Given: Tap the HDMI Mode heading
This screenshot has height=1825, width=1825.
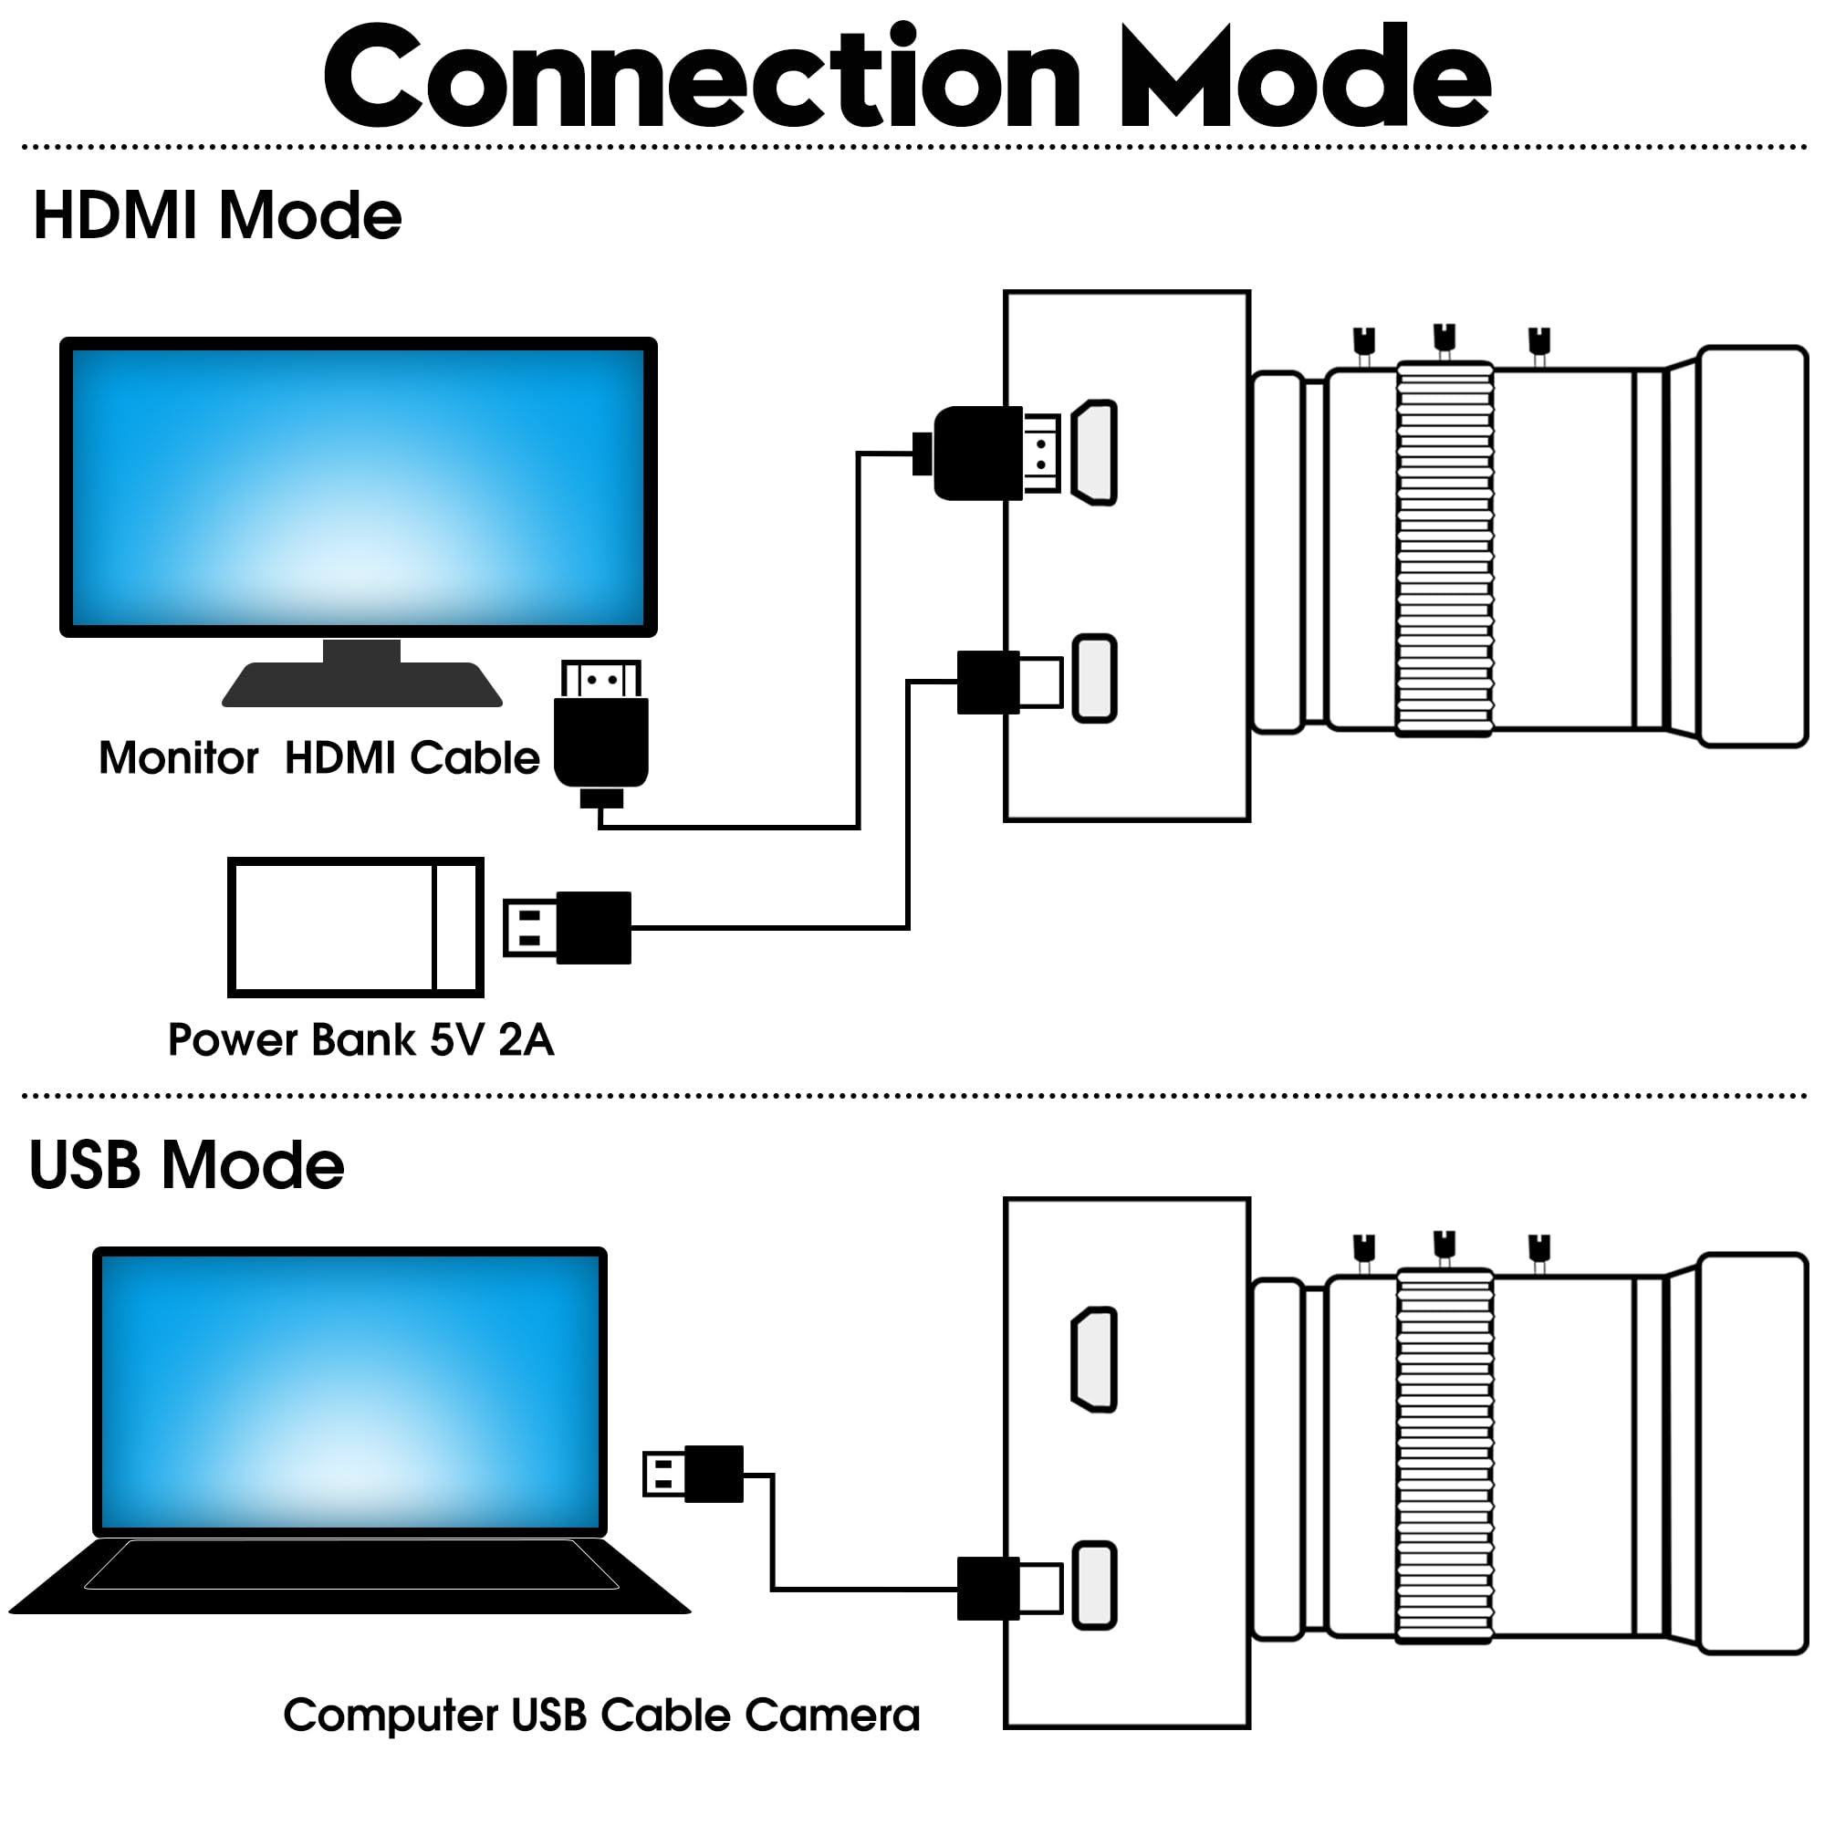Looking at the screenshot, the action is [218, 215].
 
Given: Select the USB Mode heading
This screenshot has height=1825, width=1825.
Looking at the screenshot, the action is [187, 1164].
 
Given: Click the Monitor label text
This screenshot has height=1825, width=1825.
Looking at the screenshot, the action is [179, 757].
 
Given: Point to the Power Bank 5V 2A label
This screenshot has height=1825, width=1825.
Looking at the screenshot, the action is [360, 1039].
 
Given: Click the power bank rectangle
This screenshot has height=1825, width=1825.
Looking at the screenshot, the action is [356, 927].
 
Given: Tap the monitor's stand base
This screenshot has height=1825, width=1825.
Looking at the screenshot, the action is [361, 683].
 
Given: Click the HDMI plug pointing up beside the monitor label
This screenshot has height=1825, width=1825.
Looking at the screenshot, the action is [600, 733].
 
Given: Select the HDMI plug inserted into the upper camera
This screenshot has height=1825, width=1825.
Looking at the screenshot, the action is [986, 454].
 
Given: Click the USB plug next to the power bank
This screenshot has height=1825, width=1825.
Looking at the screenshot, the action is [567, 928].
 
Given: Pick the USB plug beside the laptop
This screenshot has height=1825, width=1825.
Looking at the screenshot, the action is [693, 1474].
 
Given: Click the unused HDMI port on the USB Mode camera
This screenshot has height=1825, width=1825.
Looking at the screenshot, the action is [1094, 1360].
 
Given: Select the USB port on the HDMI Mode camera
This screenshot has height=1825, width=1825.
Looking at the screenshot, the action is [1095, 678].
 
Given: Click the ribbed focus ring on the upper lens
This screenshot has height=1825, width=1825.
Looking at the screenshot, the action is [1444, 547].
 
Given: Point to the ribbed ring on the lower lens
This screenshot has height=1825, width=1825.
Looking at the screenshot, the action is [1444, 1455].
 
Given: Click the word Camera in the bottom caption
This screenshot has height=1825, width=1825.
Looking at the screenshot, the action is [832, 1715].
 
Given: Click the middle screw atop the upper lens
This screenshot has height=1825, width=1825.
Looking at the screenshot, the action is [1444, 341].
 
